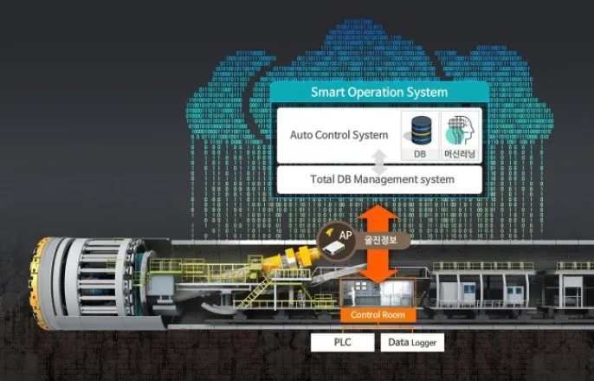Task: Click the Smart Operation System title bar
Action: [379, 92]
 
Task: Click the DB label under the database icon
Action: [419, 153]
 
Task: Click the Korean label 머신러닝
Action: [459, 153]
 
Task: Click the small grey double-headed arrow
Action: [378, 159]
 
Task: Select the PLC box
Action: [342, 342]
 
